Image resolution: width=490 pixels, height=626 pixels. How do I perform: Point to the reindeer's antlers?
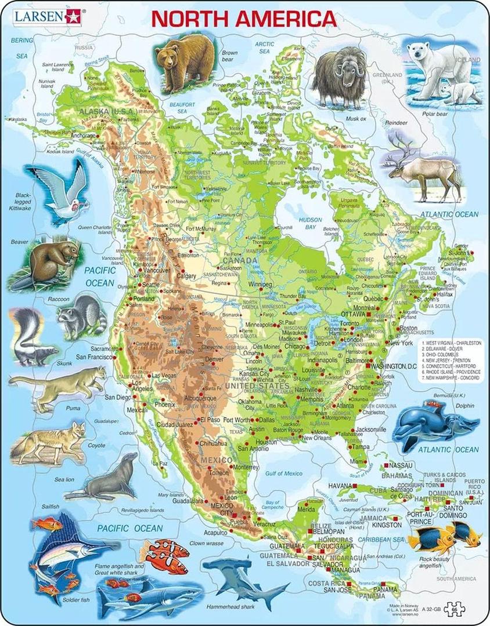tap(401, 144)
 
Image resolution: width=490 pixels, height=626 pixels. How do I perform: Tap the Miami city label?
tap(358, 461)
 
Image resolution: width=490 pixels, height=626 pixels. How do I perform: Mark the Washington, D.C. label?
tap(394, 367)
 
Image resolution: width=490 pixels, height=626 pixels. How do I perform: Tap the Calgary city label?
tap(187, 276)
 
